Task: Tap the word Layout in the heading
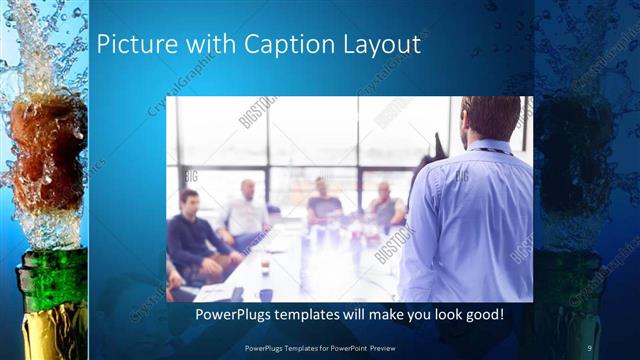(x=383, y=46)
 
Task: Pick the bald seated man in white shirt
(x=246, y=212)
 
